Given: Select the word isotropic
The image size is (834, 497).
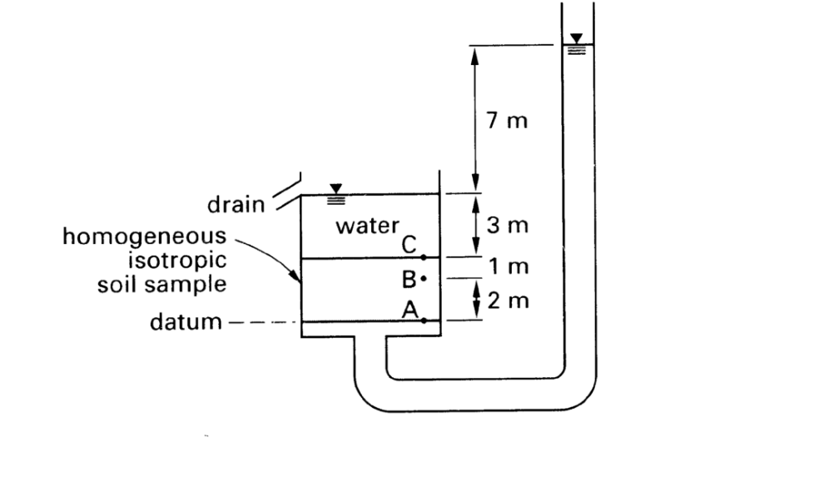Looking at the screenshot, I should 176,260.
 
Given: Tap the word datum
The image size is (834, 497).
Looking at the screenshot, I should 185,322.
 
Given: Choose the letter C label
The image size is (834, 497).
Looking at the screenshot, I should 409,245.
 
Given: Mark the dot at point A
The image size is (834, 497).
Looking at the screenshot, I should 424,321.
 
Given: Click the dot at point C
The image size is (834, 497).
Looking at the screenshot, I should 424,257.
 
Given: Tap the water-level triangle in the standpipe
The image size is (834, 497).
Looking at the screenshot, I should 576,38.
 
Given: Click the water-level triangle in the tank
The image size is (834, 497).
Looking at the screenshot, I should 336,189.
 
